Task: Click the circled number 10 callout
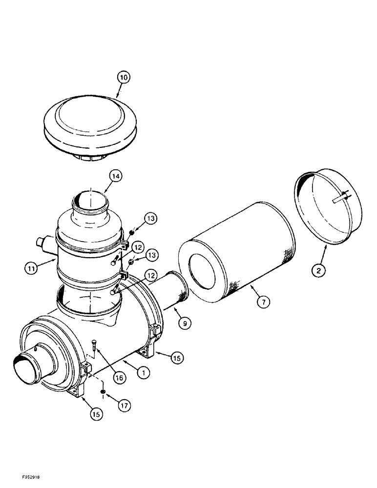pos(124,78)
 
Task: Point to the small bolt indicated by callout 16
pos(96,347)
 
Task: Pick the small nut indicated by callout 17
pos(103,391)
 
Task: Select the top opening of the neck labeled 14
pos(90,200)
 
